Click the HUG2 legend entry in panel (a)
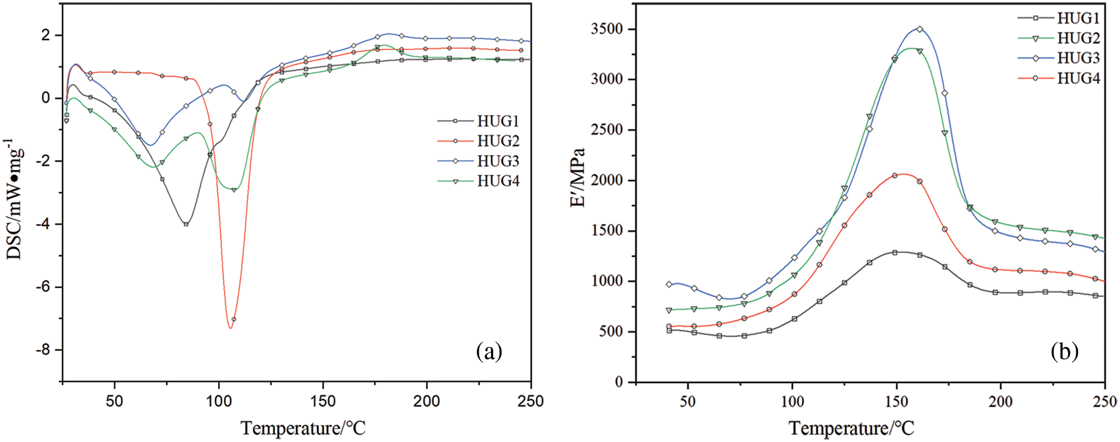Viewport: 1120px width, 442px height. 498,141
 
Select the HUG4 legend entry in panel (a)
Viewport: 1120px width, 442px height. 498,181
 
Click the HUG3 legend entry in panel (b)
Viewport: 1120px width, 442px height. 1078,58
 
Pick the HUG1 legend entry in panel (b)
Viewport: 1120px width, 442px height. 1078,18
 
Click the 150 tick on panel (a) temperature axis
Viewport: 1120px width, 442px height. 323,401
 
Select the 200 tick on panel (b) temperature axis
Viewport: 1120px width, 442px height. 1000,401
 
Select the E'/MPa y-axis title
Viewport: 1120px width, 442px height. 578,177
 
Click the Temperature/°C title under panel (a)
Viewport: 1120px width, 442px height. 303,428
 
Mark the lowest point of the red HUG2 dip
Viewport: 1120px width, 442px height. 230,328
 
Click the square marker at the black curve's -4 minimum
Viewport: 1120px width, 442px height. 186,224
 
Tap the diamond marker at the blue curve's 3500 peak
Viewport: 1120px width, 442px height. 920,29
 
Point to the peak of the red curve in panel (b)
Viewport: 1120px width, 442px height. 903,174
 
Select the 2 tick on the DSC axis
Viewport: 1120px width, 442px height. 47,35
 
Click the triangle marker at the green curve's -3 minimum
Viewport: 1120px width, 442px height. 234,190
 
